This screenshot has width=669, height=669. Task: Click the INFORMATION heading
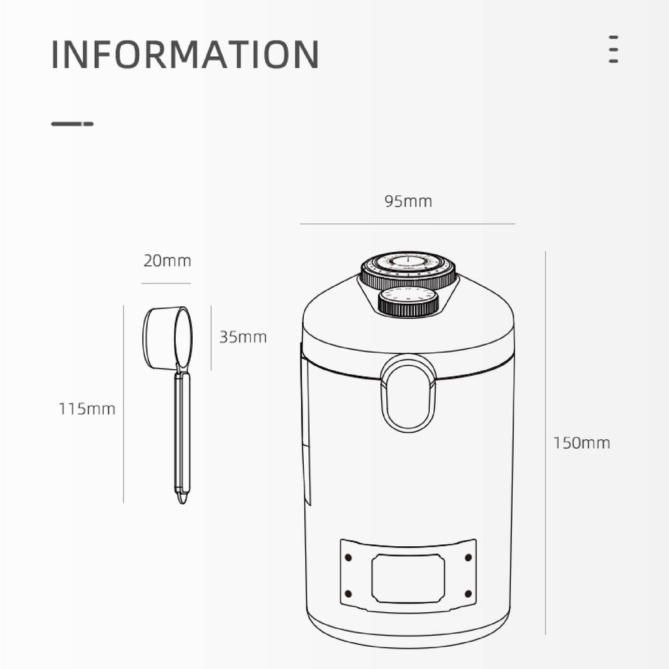pyautogui.click(x=185, y=54)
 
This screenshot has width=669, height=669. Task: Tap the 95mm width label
pyautogui.click(x=408, y=201)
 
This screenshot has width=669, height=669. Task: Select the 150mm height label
pyautogui.click(x=581, y=443)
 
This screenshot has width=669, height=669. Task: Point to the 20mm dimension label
pyautogui.click(x=167, y=261)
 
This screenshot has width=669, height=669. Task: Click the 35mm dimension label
pyautogui.click(x=243, y=337)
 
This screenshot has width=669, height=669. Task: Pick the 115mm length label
pyautogui.click(x=87, y=409)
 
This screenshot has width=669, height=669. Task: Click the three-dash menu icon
pyautogui.click(x=613, y=50)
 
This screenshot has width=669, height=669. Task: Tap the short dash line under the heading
pyautogui.click(x=72, y=123)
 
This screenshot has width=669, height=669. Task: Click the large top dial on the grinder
pyautogui.click(x=408, y=269)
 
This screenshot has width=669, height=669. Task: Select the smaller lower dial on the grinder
pyautogui.click(x=408, y=302)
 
